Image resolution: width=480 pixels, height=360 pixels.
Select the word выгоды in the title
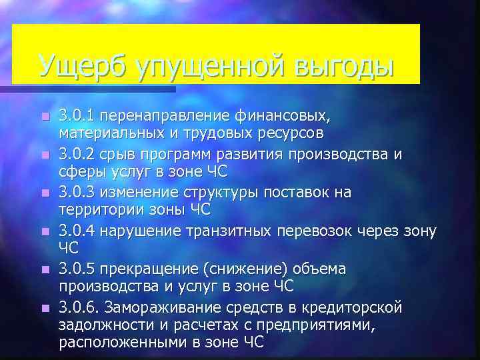pyautogui.click(x=342, y=67)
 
